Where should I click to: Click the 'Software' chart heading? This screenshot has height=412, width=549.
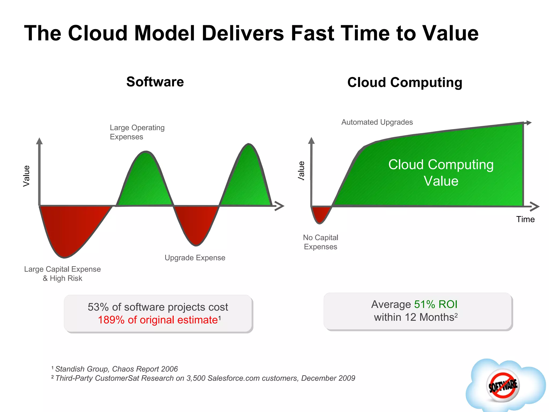(155, 82)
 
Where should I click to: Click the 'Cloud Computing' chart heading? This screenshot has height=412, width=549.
(405, 82)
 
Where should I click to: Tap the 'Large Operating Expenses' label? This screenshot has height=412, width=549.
(137, 132)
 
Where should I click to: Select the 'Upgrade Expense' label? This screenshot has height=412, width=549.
(195, 258)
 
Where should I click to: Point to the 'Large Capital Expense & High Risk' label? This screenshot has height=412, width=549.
(62, 274)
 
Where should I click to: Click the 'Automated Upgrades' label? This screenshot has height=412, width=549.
(377, 122)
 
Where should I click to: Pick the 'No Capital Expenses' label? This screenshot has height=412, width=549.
(320, 242)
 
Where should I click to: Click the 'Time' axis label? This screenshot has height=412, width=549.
(525, 219)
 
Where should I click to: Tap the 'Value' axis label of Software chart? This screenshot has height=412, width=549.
(26, 176)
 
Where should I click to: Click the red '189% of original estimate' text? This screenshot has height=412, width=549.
(158, 320)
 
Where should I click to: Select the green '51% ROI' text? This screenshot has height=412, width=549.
(436, 304)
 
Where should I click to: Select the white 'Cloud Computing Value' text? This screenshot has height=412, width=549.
(441, 172)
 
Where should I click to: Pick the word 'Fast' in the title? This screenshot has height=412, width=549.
(312, 33)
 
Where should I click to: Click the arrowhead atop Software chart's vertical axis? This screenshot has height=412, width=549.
(39, 141)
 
